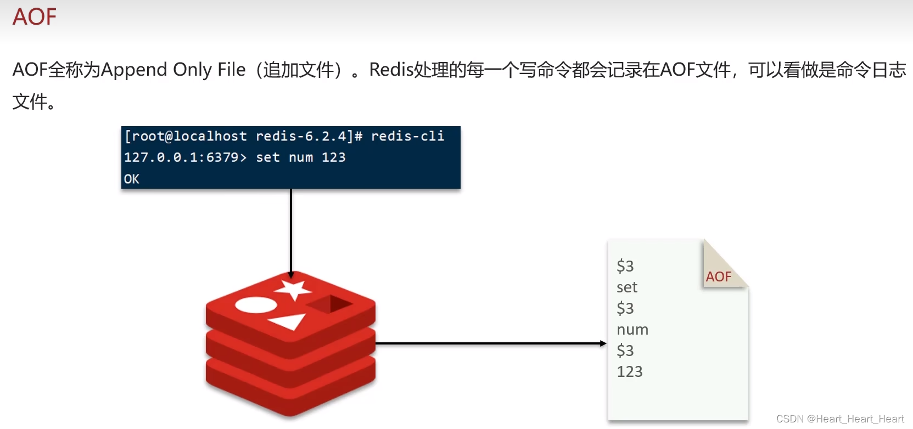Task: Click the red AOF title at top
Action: (x=35, y=17)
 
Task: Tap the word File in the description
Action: (x=231, y=70)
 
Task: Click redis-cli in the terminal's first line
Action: (x=407, y=136)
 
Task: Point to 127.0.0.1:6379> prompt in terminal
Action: (x=185, y=157)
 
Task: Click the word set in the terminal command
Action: (x=268, y=157)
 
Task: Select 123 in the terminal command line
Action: (x=333, y=157)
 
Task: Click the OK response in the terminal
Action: (x=132, y=179)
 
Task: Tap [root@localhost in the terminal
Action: (x=186, y=136)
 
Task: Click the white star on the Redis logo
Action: (x=294, y=289)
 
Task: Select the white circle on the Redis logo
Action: (x=256, y=305)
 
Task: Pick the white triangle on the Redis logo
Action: (x=289, y=321)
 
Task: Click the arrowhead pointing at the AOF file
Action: (x=603, y=343)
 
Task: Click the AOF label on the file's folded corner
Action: (x=719, y=277)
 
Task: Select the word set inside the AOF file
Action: (x=627, y=287)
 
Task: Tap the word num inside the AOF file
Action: (x=632, y=330)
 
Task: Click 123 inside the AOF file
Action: (x=630, y=372)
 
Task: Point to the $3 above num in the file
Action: (x=625, y=308)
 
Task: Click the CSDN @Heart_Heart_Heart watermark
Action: (x=840, y=419)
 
